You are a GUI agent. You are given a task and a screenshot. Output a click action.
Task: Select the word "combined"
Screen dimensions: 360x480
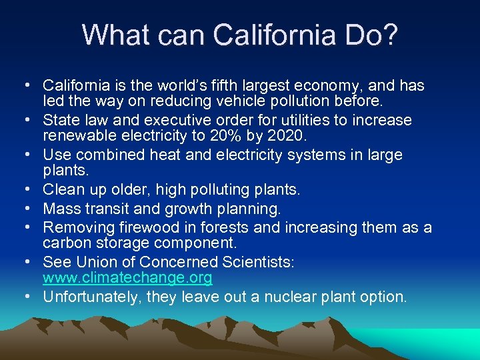109,155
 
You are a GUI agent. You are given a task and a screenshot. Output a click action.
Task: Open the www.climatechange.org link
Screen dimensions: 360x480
128,277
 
